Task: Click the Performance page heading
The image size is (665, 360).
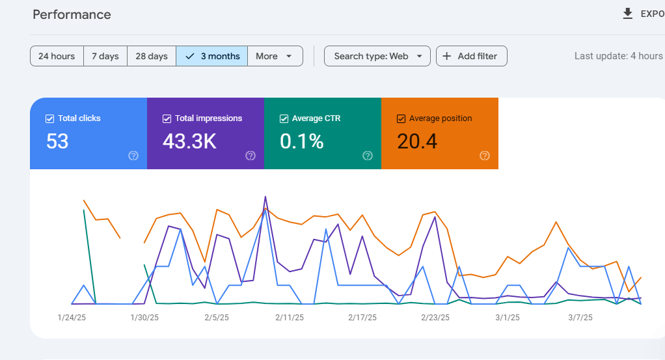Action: click(72, 14)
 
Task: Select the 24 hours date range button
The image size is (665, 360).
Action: click(57, 56)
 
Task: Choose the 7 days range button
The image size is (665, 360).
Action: click(105, 56)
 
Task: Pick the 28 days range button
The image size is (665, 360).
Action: click(152, 56)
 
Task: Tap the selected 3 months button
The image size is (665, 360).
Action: click(212, 56)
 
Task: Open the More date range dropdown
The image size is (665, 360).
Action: click(275, 56)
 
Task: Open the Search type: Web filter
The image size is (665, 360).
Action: click(377, 56)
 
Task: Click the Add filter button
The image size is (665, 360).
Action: click(472, 56)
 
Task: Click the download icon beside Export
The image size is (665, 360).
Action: click(628, 14)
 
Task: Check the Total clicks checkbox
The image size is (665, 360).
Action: click(49, 119)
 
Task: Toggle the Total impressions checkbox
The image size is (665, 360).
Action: click(167, 119)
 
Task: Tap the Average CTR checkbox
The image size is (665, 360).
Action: click(284, 119)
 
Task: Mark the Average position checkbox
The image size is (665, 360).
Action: click(401, 119)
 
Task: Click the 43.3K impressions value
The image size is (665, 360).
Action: click(189, 141)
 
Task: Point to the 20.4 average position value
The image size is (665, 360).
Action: click(417, 141)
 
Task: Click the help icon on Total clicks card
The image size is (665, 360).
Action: click(133, 156)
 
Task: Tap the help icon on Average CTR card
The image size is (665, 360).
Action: click(367, 156)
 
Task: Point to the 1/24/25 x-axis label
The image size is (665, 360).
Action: click(72, 318)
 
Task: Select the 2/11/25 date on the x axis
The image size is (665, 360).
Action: click(290, 318)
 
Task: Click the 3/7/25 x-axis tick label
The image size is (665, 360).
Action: click(580, 318)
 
